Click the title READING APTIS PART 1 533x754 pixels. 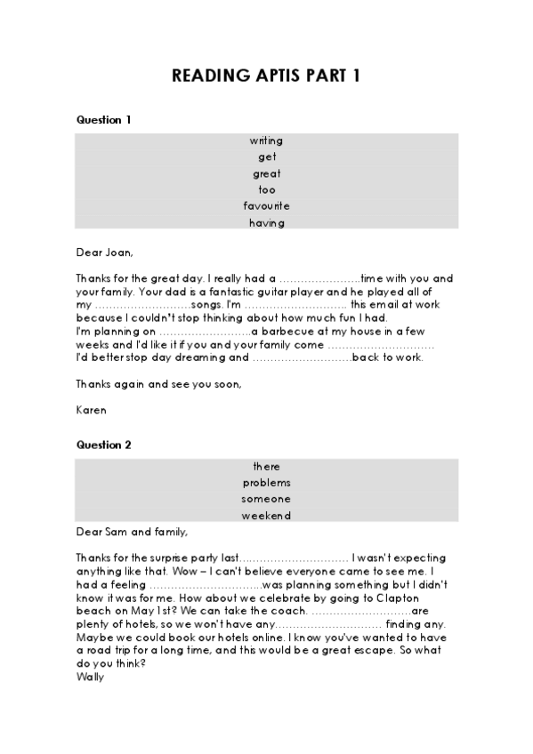coord(266,76)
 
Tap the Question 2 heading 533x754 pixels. coord(104,444)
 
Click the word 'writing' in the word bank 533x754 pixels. coord(266,140)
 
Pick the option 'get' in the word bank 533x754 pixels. coord(266,157)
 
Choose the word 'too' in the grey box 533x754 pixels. coord(266,189)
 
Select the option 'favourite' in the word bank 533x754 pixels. coord(266,206)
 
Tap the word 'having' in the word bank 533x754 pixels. coord(266,222)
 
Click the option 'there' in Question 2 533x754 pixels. coord(266,467)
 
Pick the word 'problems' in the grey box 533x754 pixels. coord(266,483)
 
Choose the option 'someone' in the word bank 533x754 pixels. coord(266,499)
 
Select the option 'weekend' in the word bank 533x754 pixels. coord(266,516)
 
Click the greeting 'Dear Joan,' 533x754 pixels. coord(102,251)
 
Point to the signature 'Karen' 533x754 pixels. coord(91,410)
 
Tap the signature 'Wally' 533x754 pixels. coord(91,677)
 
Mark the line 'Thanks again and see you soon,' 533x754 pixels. coord(158,384)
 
